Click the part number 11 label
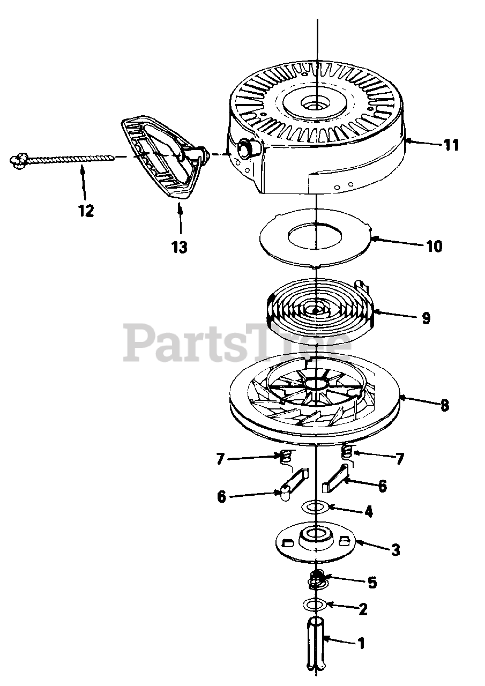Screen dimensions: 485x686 (451, 145)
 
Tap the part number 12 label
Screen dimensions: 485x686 (85, 211)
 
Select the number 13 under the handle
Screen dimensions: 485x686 (180, 247)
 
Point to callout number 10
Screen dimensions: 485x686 (434, 247)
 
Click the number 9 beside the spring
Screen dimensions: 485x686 (426, 318)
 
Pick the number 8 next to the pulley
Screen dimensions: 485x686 (444, 405)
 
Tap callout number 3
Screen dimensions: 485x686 (396, 550)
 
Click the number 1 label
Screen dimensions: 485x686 (361, 643)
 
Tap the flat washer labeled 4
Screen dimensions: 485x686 (316, 506)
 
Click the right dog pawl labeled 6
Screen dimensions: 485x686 (336, 479)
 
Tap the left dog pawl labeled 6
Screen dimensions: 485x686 (292, 480)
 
